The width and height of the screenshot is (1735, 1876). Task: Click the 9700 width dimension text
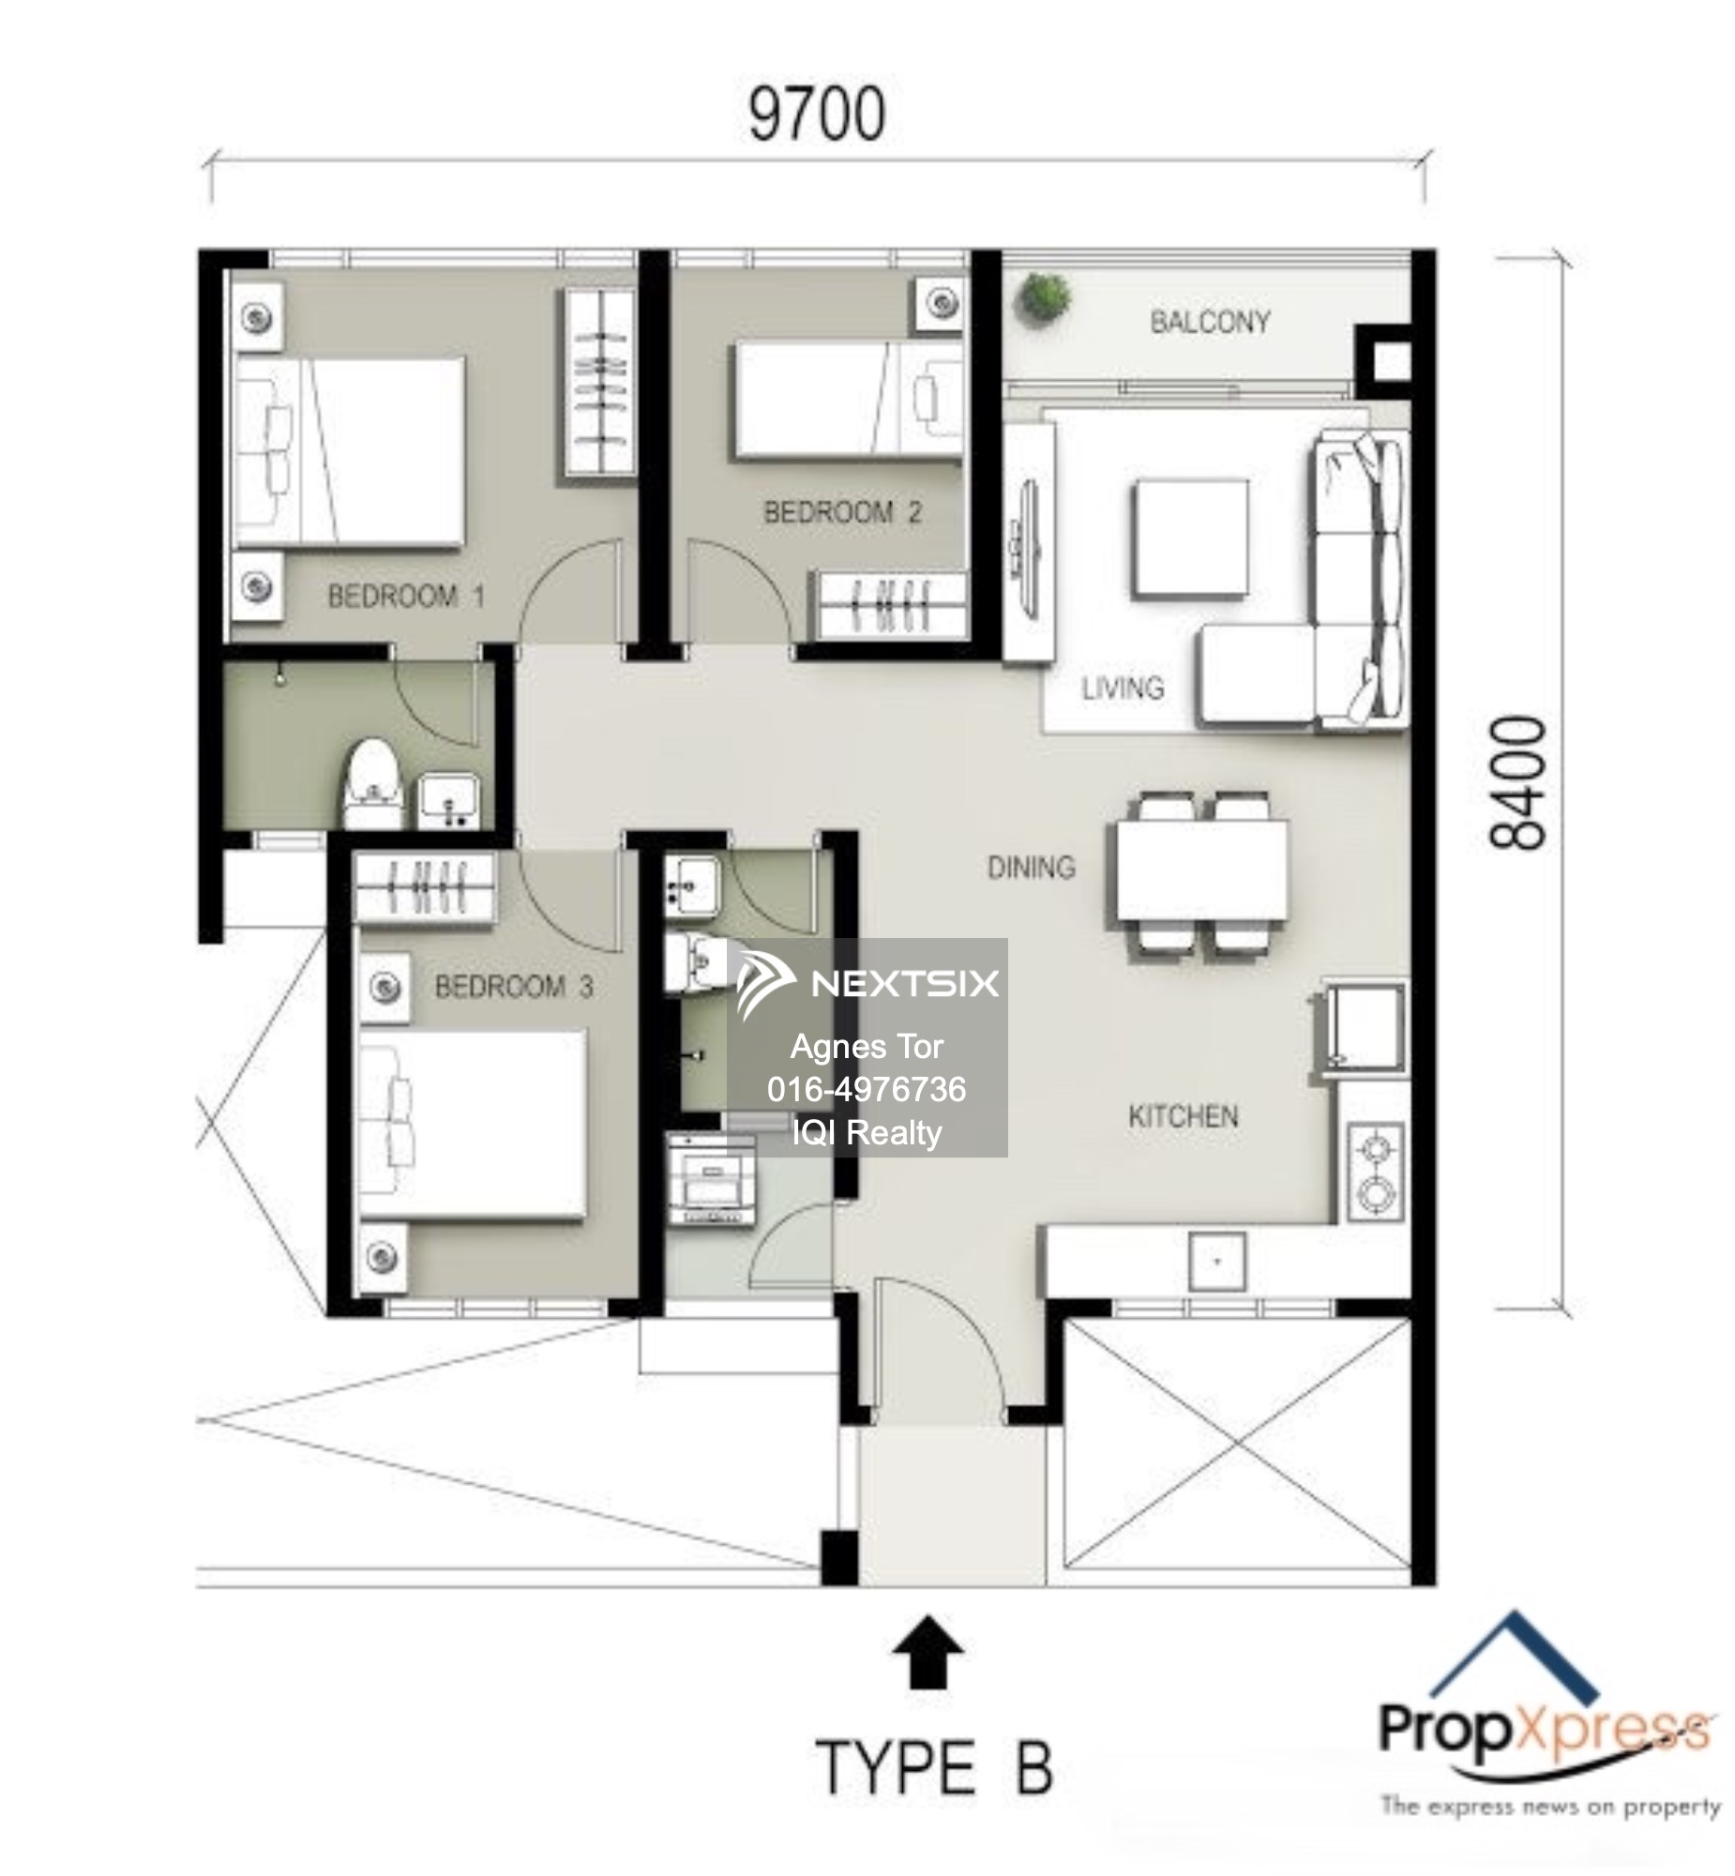(816, 114)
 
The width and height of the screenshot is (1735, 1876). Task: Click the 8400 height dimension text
(1516, 783)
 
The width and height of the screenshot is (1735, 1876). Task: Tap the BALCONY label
(1209, 322)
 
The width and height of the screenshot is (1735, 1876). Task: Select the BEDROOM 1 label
(405, 597)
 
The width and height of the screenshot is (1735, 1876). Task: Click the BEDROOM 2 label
(842, 513)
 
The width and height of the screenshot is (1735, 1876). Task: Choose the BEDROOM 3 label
(514, 987)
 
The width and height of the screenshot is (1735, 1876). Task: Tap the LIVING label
(1122, 688)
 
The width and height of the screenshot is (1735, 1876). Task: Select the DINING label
(1031, 868)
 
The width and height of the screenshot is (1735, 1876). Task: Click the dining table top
(1201, 870)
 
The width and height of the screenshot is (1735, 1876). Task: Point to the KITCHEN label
(1183, 1116)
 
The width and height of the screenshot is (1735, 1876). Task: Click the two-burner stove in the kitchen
(1376, 1172)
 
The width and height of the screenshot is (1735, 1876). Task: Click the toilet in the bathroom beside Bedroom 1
(372, 784)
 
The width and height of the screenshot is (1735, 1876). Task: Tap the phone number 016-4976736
(866, 1089)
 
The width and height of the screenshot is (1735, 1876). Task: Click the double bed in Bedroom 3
(475, 1125)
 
